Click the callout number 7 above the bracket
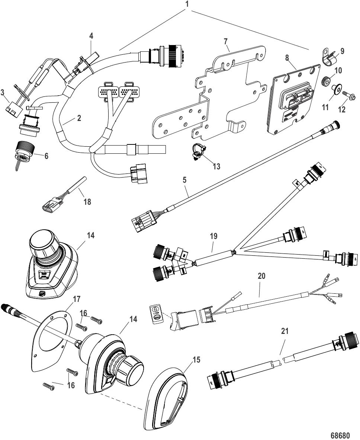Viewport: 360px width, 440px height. tap(226, 42)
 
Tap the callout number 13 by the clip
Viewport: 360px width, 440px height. tap(216, 166)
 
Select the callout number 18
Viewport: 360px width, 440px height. tap(87, 202)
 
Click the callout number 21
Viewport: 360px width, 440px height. tap(285, 331)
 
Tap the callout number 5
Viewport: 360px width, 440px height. tap(184, 179)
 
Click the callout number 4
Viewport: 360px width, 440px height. tap(91, 36)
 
